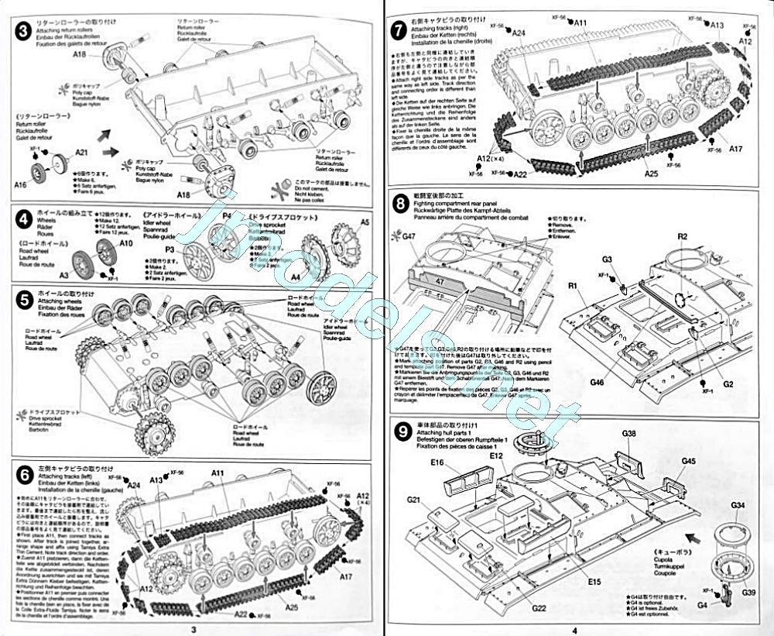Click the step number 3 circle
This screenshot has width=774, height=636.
[24, 32]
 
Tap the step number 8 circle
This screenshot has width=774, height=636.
[401, 205]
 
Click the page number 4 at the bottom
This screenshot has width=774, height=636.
[574, 630]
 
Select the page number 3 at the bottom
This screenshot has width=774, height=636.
[193, 630]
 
